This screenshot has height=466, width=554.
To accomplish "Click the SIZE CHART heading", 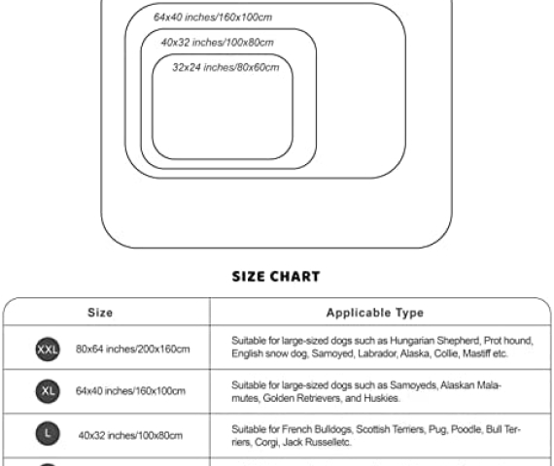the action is [276, 277].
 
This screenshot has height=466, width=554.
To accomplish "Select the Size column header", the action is [100, 313].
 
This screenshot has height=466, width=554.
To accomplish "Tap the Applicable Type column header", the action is [375, 313].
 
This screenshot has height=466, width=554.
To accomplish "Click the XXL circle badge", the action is [48, 349].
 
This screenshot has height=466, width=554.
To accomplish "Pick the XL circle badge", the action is [48, 391].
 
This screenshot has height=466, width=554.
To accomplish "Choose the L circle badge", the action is [48, 434].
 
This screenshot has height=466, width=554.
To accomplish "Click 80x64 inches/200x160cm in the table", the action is [133, 349].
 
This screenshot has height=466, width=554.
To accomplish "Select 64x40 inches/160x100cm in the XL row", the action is [130, 391].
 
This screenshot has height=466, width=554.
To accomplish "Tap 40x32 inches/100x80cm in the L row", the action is [130, 435].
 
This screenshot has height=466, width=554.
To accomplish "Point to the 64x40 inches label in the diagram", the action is [213, 17].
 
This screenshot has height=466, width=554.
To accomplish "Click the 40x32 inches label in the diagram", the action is [218, 43].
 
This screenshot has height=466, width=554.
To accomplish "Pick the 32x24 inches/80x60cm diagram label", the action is [225, 67].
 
